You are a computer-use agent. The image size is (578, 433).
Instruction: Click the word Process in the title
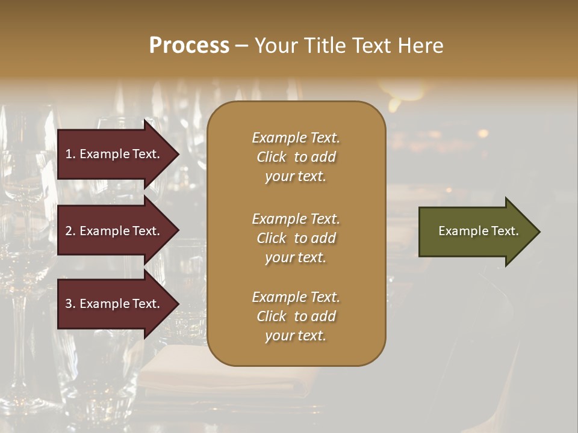189,46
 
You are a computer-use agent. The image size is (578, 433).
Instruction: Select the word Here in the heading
420,46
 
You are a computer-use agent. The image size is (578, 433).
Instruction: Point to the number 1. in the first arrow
70,154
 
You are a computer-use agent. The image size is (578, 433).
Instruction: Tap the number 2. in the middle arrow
70,231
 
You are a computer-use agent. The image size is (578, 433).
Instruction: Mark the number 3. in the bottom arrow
70,304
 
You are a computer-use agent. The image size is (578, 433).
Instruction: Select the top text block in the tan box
296,157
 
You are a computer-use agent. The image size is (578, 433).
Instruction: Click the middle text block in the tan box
296,238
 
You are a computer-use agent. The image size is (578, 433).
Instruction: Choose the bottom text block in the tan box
296,316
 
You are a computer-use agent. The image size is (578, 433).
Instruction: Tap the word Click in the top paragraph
272,157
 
